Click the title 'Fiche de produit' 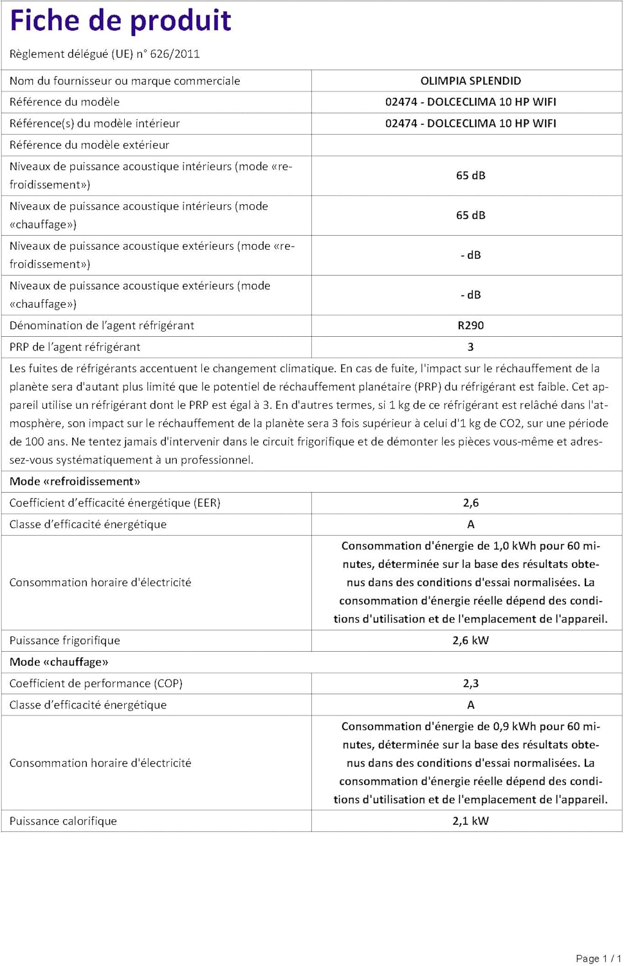[x=120, y=21]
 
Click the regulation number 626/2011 [x=175, y=54]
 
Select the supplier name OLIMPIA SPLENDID [x=470, y=81]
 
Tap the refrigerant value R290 [x=470, y=326]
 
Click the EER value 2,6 [x=470, y=503]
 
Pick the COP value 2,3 [x=470, y=683]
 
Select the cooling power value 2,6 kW [x=470, y=641]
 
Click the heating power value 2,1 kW [x=470, y=821]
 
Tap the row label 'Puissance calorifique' [x=63, y=821]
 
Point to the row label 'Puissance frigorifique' [x=64, y=641]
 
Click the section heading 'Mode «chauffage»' [x=59, y=662]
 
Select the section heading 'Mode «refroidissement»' [x=75, y=482]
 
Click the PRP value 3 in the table [x=470, y=347]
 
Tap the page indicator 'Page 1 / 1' [x=598, y=958]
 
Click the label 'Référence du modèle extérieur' [x=89, y=146]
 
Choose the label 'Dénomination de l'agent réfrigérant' [x=102, y=326]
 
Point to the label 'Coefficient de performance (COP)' [x=96, y=683]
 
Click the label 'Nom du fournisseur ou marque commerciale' [x=125, y=81]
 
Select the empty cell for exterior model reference [x=466, y=146]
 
